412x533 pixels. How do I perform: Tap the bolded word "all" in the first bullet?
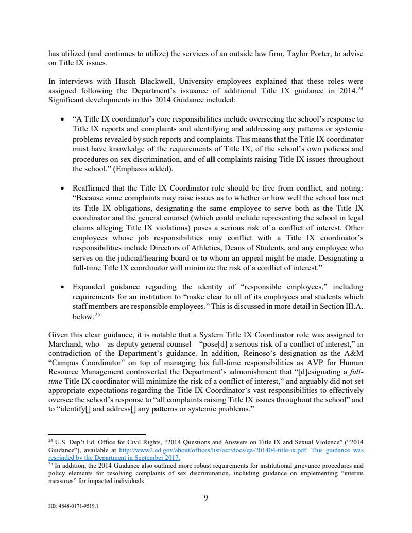pos(211,159)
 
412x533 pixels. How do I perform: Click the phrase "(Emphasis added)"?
pos(143,168)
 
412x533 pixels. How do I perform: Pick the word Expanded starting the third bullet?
pos(89,287)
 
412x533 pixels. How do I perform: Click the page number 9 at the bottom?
pos(206,497)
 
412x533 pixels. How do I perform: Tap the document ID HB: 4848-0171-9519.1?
pos(73,506)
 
